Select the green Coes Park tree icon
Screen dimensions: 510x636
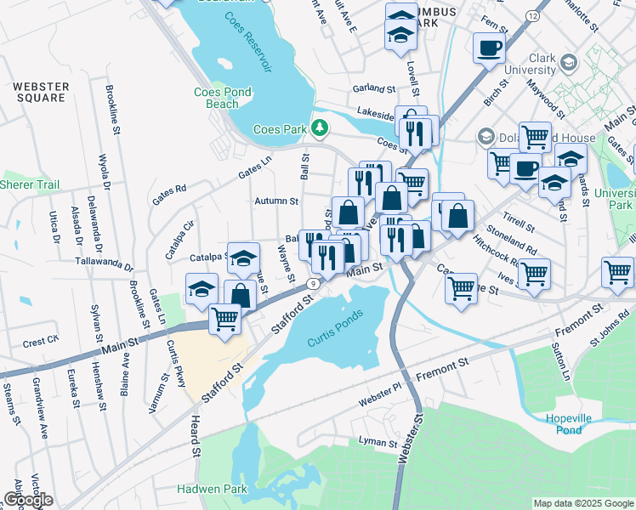click(x=320, y=128)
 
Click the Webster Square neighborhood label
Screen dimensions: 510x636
click(x=39, y=92)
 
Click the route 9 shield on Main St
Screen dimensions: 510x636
click(x=314, y=283)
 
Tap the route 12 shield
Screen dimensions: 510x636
click(x=532, y=16)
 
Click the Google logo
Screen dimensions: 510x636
click(x=27, y=500)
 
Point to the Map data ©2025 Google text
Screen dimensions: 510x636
click(x=583, y=503)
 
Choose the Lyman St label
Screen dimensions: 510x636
click(x=378, y=443)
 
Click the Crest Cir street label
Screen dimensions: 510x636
click(x=40, y=342)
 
